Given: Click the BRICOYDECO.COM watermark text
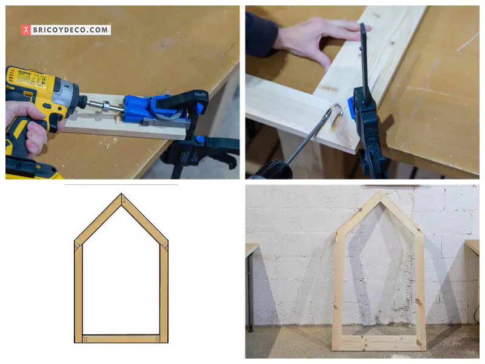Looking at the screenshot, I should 70,30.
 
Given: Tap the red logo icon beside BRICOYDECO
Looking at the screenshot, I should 25,30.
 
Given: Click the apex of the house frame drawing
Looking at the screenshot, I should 122,197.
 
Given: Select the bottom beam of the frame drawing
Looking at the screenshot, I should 121,339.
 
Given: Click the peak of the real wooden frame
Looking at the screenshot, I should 379,194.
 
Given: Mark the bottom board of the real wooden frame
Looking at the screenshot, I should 379,343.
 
